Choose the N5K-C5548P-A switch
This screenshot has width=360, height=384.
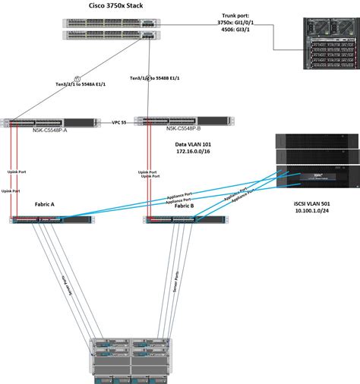click(x=49, y=121)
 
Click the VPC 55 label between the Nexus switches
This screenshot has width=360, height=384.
click(x=118, y=121)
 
